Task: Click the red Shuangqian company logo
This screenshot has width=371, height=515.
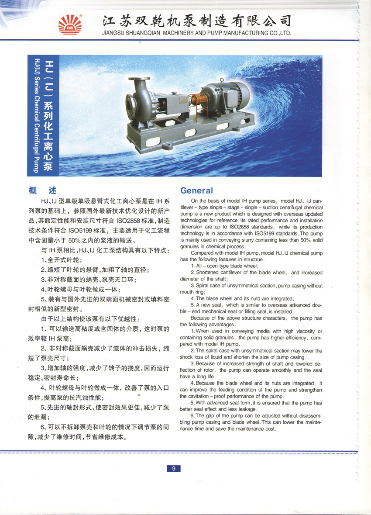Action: click(x=70, y=24)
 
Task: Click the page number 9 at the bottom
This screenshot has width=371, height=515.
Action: click(x=174, y=469)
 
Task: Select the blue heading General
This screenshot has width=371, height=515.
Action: click(x=196, y=190)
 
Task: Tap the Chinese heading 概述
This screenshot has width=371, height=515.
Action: click(x=42, y=190)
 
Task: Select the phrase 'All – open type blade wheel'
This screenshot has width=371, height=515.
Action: click(x=227, y=266)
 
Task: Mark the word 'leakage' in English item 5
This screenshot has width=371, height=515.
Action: click(x=247, y=409)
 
